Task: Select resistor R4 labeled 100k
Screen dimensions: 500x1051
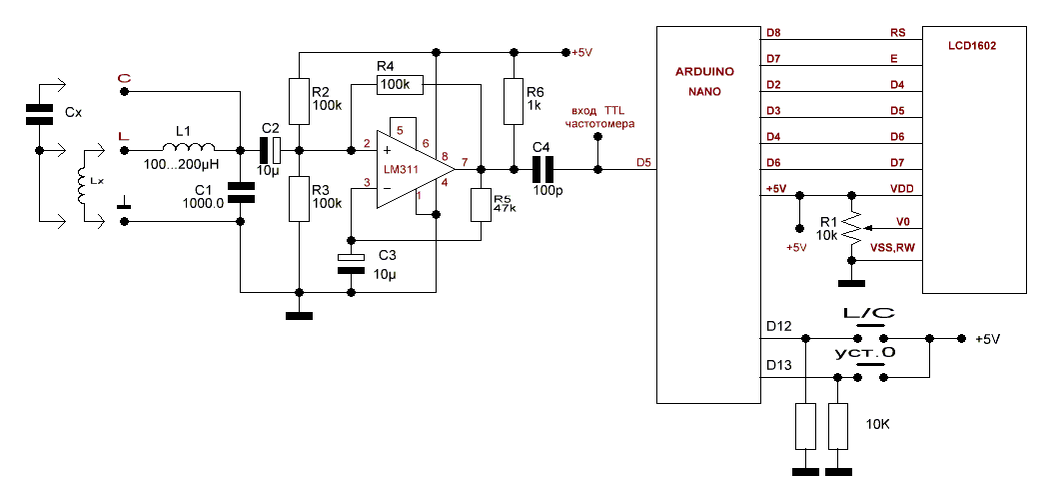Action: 400,86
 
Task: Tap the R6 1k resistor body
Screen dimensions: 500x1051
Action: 514,101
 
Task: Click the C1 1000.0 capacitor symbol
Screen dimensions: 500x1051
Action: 241,192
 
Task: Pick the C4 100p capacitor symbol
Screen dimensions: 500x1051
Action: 541,169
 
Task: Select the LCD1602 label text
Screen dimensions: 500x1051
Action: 973,46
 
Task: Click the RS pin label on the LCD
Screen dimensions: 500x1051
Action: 897,33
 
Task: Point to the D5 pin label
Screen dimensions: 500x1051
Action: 643,162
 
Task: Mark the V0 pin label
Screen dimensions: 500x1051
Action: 903,220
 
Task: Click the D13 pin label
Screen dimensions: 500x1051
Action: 779,367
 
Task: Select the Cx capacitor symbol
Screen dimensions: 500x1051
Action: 40,114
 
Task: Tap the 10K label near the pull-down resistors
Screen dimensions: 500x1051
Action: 877,424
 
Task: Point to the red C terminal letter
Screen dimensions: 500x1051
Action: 124,77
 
